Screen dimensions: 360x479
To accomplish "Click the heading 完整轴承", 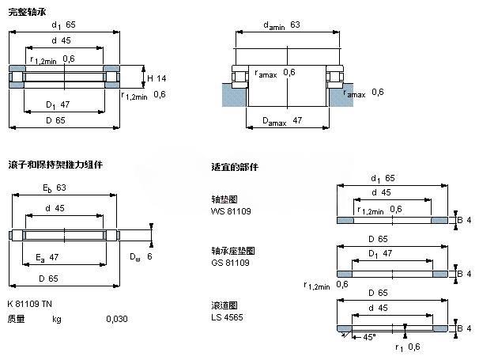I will pyautogui.click(x=25, y=9).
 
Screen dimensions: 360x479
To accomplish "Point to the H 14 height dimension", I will pyautogui.click(x=155, y=78).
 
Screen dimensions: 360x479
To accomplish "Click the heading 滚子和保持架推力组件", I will pyautogui.click(x=55, y=165).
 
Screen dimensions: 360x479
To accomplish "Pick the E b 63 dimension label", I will pyautogui.click(x=54, y=188).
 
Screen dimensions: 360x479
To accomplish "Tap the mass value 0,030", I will pyautogui.click(x=117, y=319).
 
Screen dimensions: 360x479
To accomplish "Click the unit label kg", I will pyautogui.click(x=57, y=319).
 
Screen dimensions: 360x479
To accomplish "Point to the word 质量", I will pyautogui.click(x=16, y=319).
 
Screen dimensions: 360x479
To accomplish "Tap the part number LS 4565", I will pyautogui.click(x=227, y=316).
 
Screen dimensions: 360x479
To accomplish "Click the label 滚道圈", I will pyautogui.click(x=224, y=305).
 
